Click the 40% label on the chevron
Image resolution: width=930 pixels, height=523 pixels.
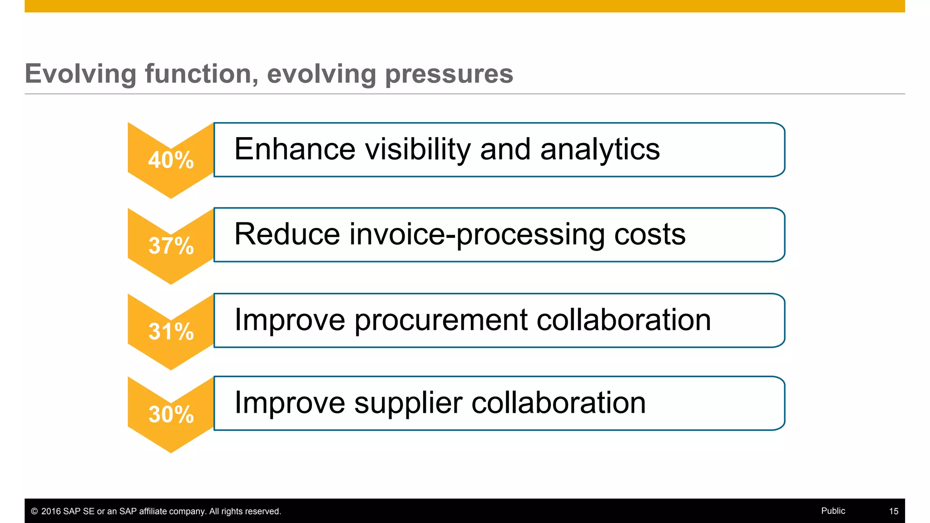171,160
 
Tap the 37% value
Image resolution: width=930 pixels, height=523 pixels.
171,246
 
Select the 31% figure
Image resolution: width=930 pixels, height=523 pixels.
171,332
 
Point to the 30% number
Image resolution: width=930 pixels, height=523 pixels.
171,414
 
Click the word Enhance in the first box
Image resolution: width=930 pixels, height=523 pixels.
294,149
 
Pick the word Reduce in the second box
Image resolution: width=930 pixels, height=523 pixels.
287,235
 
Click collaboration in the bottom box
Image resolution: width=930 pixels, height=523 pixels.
558,403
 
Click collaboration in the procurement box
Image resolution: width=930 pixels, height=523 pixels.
623,320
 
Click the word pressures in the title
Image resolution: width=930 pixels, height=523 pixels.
449,74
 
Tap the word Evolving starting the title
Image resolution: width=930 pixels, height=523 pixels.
80,74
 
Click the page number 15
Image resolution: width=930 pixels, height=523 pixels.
893,511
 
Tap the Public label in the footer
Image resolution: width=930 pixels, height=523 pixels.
833,511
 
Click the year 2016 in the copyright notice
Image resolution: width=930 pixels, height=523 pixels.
51,511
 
